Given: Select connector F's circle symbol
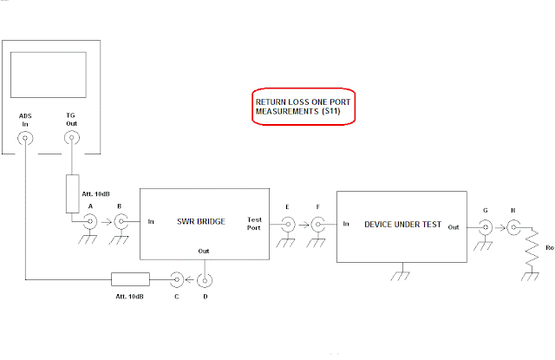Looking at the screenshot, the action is pos(318,224).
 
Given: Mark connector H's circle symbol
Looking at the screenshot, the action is pos(514,227).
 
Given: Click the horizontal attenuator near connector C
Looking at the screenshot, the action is pos(130,279).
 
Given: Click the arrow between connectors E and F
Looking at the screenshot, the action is pos(303,224).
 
